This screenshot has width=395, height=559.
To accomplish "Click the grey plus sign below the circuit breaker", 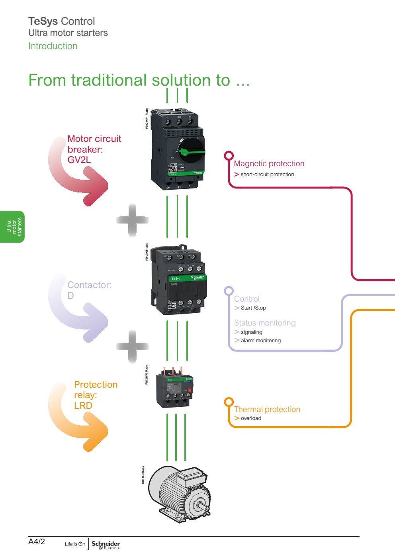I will pos(133,220).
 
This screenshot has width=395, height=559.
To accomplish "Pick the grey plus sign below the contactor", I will pos(133,346).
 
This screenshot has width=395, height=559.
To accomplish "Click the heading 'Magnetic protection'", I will pos(269,164).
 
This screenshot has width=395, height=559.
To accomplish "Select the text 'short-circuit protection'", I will pos(267,175).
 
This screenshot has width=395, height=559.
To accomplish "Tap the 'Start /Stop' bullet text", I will pos(253,308).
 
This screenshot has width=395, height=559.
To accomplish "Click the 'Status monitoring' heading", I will pos(265,323).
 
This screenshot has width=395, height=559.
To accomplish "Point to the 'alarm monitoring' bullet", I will pos(260,341).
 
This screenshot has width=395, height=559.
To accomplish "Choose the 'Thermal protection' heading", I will pos(267,410).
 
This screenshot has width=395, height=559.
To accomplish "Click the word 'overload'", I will pos(251,418).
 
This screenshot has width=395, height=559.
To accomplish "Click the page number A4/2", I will pos(37,541).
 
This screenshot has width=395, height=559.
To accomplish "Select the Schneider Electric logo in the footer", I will pos(106,545).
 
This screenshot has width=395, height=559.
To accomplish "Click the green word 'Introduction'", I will pos(53,46).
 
